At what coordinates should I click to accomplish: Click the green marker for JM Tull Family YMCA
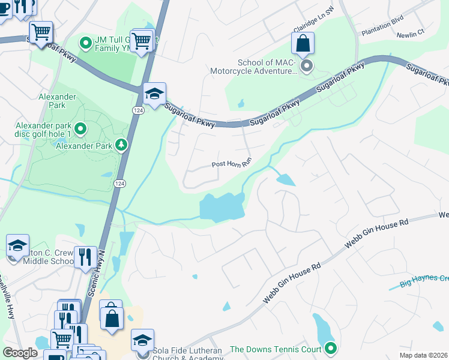[86, 43]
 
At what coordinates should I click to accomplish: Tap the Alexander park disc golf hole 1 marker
[80, 129]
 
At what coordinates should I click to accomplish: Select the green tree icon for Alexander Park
[122, 145]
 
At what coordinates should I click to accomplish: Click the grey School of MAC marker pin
[307, 66]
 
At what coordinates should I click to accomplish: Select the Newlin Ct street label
[411, 35]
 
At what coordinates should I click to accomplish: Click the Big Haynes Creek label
[424, 280]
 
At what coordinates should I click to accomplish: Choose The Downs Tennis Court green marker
[330, 347]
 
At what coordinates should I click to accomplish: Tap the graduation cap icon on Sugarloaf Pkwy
[154, 94]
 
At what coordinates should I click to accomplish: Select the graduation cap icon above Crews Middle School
[17, 245]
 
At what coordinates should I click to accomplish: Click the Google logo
[20, 353]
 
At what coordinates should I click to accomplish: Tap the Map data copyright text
[423, 355]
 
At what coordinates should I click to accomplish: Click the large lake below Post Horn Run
[222, 208]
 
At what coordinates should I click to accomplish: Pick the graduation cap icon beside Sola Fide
[142, 340]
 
